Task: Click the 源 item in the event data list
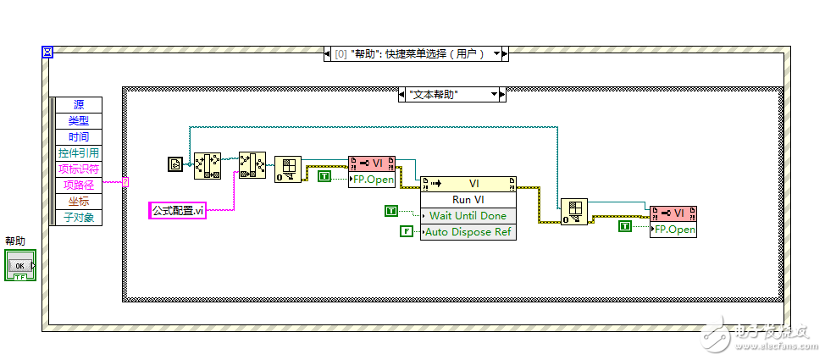(79, 105)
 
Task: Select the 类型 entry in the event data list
(79, 121)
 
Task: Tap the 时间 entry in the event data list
(79, 137)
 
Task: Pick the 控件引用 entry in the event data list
(79, 153)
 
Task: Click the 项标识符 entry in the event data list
(79, 169)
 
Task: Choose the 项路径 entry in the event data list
(79, 186)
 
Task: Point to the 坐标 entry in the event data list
(79, 202)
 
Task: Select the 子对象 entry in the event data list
(79, 218)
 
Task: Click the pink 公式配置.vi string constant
(177, 210)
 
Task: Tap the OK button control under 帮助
(20, 266)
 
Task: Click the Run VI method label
(468, 200)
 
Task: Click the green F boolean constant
(407, 231)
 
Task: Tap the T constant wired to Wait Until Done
(390, 210)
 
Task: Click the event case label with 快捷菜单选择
(415, 53)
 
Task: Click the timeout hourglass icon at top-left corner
(47, 53)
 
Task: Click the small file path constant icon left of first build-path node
(174, 164)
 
